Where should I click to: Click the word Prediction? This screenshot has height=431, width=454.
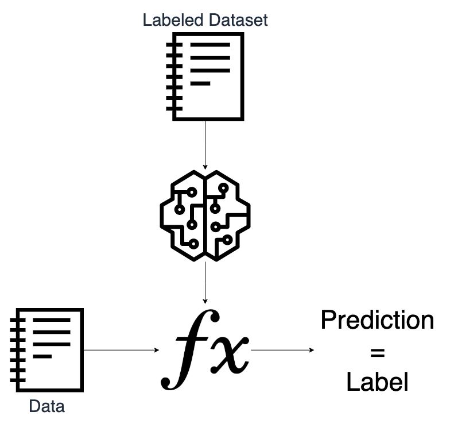(377, 320)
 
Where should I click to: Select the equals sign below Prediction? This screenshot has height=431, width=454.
(377, 351)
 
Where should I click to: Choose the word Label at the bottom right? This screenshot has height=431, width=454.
(377, 382)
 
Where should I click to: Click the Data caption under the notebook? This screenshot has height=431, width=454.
(47, 407)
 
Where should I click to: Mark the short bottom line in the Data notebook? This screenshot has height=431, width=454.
(43, 356)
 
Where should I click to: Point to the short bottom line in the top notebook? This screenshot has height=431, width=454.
(200, 84)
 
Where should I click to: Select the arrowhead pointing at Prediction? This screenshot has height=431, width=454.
(312, 349)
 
